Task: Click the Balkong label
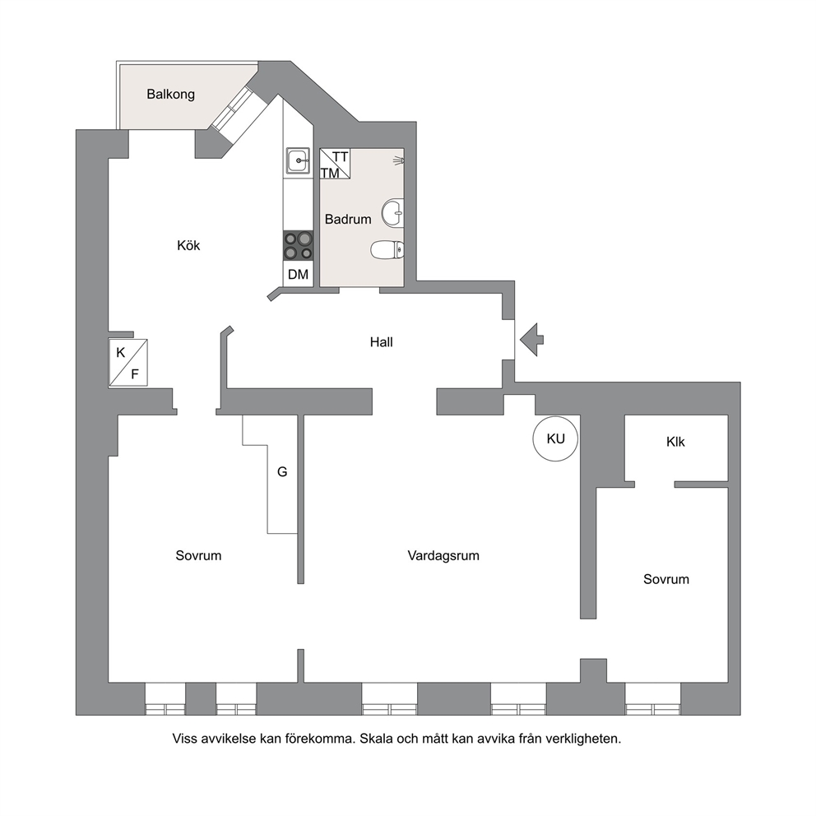[171, 95]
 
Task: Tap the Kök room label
[188, 245]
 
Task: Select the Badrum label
[348, 219]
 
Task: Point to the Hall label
[381, 342]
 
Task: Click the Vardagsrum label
[443, 556]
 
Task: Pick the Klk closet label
[675, 442]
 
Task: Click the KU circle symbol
[556, 438]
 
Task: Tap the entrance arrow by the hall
[532, 340]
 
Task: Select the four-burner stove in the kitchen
[299, 246]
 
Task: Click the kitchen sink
[299, 160]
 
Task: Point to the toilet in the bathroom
[387, 250]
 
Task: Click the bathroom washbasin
[393, 213]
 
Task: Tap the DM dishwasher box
[299, 274]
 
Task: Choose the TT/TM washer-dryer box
[335, 164]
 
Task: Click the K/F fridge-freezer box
[128, 363]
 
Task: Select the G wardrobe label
[282, 472]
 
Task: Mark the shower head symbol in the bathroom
[399, 160]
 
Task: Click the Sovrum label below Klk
[666, 579]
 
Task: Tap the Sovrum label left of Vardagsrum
[198, 556]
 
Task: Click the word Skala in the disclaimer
[376, 739]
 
